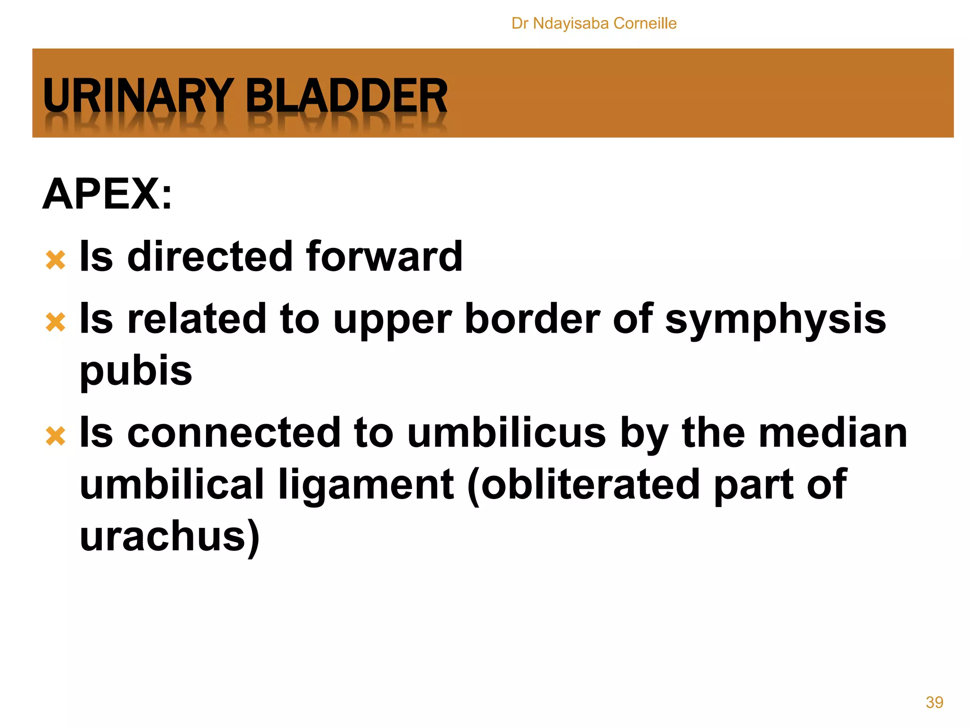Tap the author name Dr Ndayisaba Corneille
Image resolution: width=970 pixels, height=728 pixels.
tap(594, 23)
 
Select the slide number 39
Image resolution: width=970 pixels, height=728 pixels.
tap(934, 702)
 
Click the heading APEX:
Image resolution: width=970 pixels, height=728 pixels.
tap(108, 194)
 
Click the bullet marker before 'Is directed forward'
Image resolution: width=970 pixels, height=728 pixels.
tap(55, 260)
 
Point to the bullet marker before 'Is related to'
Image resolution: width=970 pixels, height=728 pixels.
tap(55, 322)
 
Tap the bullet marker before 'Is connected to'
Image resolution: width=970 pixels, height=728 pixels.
tap(55, 436)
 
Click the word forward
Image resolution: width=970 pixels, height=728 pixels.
tap(384, 256)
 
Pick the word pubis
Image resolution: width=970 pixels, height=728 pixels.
tap(136, 371)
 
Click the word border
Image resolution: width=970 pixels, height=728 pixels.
tap(532, 319)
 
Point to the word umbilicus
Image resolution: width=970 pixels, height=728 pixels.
tap(506, 433)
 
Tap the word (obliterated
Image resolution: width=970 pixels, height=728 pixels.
tap(583, 485)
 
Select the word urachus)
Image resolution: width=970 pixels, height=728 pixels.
tap(170, 537)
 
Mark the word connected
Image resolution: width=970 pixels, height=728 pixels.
tap(234, 433)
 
